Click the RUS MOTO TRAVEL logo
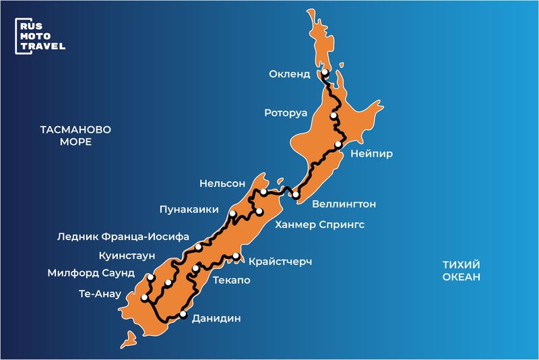tap(40, 35)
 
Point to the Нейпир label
tap(371, 154)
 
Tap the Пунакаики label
tap(189, 210)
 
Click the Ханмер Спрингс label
tap(320, 224)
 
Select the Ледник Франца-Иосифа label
tap(122, 237)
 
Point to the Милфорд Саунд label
tap(91, 274)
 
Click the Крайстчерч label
tap(280, 261)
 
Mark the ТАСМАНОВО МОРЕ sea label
tap(75, 135)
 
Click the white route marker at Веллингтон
tap(295, 195)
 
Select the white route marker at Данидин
tap(183, 314)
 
